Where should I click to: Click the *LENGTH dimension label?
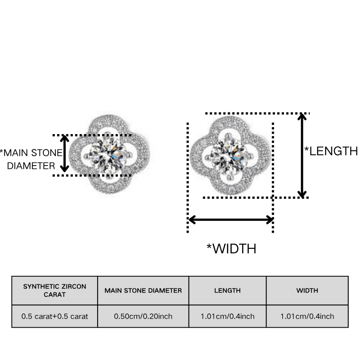click(331, 151)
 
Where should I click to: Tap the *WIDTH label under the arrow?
click(231, 249)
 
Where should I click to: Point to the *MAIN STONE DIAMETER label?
click(31, 159)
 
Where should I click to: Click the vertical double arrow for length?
click(302, 155)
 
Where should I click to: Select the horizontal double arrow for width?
click(230, 220)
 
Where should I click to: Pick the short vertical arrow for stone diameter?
click(64, 154)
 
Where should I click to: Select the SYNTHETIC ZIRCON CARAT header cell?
click(54, 291)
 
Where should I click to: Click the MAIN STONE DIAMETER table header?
click(143, 291)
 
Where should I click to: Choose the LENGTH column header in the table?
click(228, 291)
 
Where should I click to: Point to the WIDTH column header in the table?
click(307, 291)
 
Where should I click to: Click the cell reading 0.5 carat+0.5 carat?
click(54, 316)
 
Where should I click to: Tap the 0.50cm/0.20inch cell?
click(143, 316)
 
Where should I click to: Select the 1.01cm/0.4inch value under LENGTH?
click(228, 316)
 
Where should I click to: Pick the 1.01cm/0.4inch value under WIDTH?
click(307, 316)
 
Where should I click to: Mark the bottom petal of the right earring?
click(229, 188)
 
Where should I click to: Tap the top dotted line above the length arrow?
click(257, 113)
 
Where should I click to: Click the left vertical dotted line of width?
click(188, 178)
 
